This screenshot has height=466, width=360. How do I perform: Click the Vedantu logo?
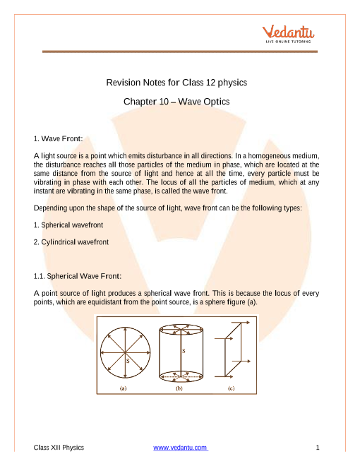coord(288,34)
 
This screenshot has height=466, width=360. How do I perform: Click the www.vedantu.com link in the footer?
coord(181,447)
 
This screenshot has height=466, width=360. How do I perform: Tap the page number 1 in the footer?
coord(318,447)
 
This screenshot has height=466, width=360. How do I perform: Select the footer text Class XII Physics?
coord(59,447)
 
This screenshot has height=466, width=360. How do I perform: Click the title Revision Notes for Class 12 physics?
coord(176,83)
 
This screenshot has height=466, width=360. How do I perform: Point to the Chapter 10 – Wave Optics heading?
coord(176,102)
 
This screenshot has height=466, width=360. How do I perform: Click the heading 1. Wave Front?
coord(58,138)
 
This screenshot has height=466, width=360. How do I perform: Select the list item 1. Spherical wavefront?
coord(68,225)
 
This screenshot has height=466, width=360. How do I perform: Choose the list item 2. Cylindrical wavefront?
coord(71,242)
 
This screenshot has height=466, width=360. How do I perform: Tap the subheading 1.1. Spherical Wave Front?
coord(78,276)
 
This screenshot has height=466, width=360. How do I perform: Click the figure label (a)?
coord(124,388)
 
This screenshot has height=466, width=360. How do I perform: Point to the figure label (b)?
coord(179,388)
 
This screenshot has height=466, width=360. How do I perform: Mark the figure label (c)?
coord(231,388)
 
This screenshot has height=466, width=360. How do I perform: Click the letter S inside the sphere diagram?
coord(128,361)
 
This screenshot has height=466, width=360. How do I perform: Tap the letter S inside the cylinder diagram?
coord(184,351)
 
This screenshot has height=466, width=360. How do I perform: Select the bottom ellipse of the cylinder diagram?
coord(181,371)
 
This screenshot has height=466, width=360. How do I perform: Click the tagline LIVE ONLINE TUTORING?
coord(288,42)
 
